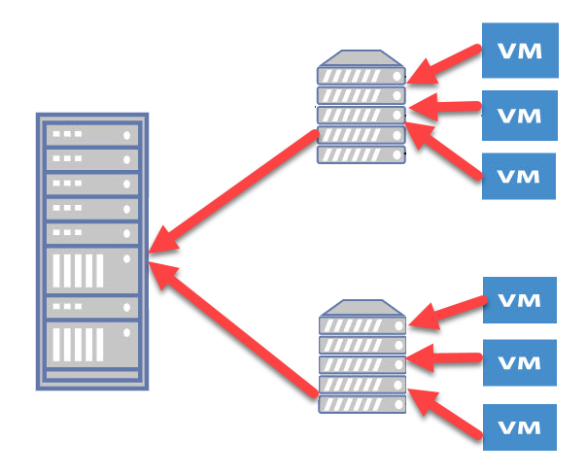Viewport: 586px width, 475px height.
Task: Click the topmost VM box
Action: coord(519,51)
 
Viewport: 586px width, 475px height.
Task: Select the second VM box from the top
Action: coord(519,116)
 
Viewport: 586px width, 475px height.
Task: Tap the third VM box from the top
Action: coord(519,177)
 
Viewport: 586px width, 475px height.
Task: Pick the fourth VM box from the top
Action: coord(519,300)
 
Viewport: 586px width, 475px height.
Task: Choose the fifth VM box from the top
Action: coord(519,363)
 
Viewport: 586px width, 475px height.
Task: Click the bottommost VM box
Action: coord(519,427)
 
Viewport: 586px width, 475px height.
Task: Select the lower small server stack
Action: coord(361,359)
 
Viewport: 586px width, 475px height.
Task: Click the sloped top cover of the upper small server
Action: coord(361,59)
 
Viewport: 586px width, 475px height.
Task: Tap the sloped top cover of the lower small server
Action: coord(361,309)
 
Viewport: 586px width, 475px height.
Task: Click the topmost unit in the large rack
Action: coord(93,133)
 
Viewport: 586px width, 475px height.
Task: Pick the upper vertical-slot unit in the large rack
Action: coord(93,269)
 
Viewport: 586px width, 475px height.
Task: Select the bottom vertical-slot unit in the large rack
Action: coord(93,344)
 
